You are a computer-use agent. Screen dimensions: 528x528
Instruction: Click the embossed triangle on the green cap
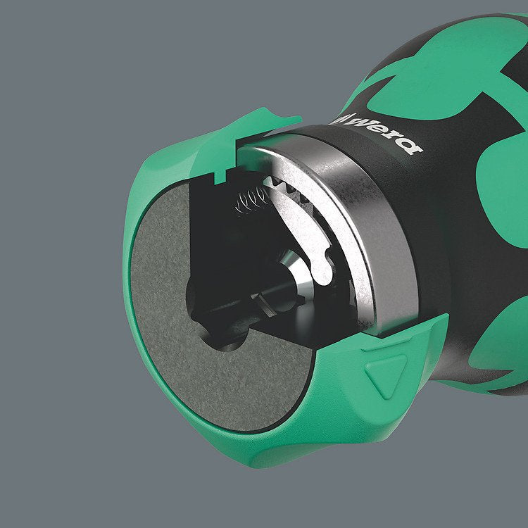click(x=386, y=374)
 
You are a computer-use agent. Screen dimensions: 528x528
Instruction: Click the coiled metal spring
click(x=251, y=201)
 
